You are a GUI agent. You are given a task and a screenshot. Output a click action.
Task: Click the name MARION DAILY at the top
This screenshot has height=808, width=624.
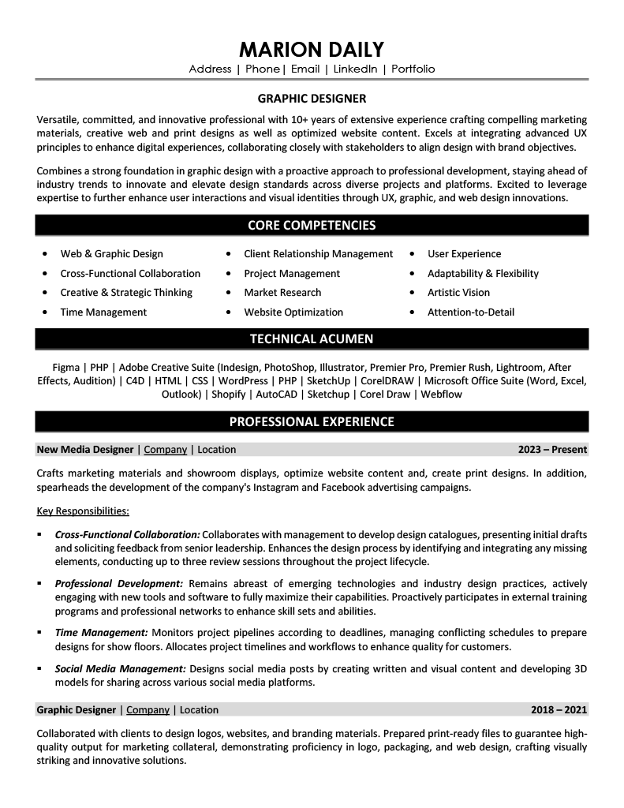[312, 49]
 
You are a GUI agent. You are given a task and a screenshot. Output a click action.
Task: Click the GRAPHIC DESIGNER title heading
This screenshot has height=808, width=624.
[312, 99]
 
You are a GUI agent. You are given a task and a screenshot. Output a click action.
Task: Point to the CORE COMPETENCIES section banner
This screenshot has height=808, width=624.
[312, 226]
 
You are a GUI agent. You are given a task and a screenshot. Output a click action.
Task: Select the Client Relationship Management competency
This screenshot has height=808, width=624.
[318, 254]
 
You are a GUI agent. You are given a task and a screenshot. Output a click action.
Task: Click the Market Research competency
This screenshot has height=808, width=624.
[283, 293]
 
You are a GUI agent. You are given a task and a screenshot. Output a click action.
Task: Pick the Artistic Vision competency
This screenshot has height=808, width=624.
[458, 293]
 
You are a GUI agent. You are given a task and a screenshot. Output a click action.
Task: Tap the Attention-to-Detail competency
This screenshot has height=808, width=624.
[470, 312]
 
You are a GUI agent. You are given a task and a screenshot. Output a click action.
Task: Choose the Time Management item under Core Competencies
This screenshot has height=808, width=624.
[103, 312]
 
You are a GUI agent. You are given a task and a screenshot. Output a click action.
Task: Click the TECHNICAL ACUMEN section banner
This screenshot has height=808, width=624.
[312, 339]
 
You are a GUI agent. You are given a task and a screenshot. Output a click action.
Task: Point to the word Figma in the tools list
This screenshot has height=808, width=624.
[65, 368]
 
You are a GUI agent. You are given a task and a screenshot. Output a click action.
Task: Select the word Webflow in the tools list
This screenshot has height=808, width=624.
[442, 394]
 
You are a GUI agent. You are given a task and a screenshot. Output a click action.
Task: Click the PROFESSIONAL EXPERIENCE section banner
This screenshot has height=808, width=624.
[312, 421]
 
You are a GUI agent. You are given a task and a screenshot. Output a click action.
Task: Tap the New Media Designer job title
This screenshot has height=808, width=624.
[85, 450]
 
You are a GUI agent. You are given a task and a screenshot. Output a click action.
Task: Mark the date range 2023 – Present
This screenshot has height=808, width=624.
[552, 450]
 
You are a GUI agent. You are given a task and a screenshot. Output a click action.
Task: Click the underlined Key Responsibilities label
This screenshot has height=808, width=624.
[83, 511]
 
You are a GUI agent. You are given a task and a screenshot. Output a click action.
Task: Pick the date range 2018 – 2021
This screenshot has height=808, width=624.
[559, 710]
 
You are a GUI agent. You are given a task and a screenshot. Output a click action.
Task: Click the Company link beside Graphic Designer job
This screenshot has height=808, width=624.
[148, 710]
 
